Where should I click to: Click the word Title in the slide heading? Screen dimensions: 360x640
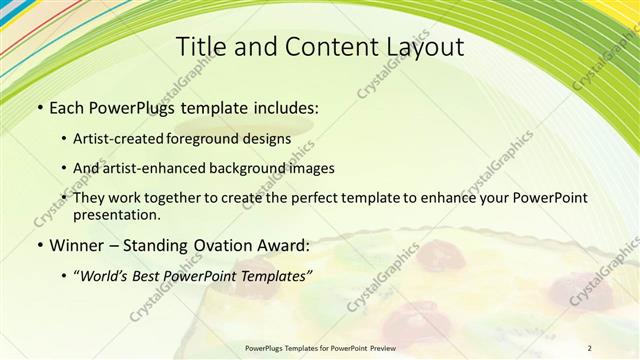pyautogui.click(x=200, y=47)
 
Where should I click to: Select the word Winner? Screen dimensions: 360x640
pyautogui.click(x=80, y=245)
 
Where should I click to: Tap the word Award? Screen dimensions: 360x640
pyautogui.click(x=287, y=245)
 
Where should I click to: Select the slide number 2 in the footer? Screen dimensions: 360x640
pyautogui.click(x=589, y=348)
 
